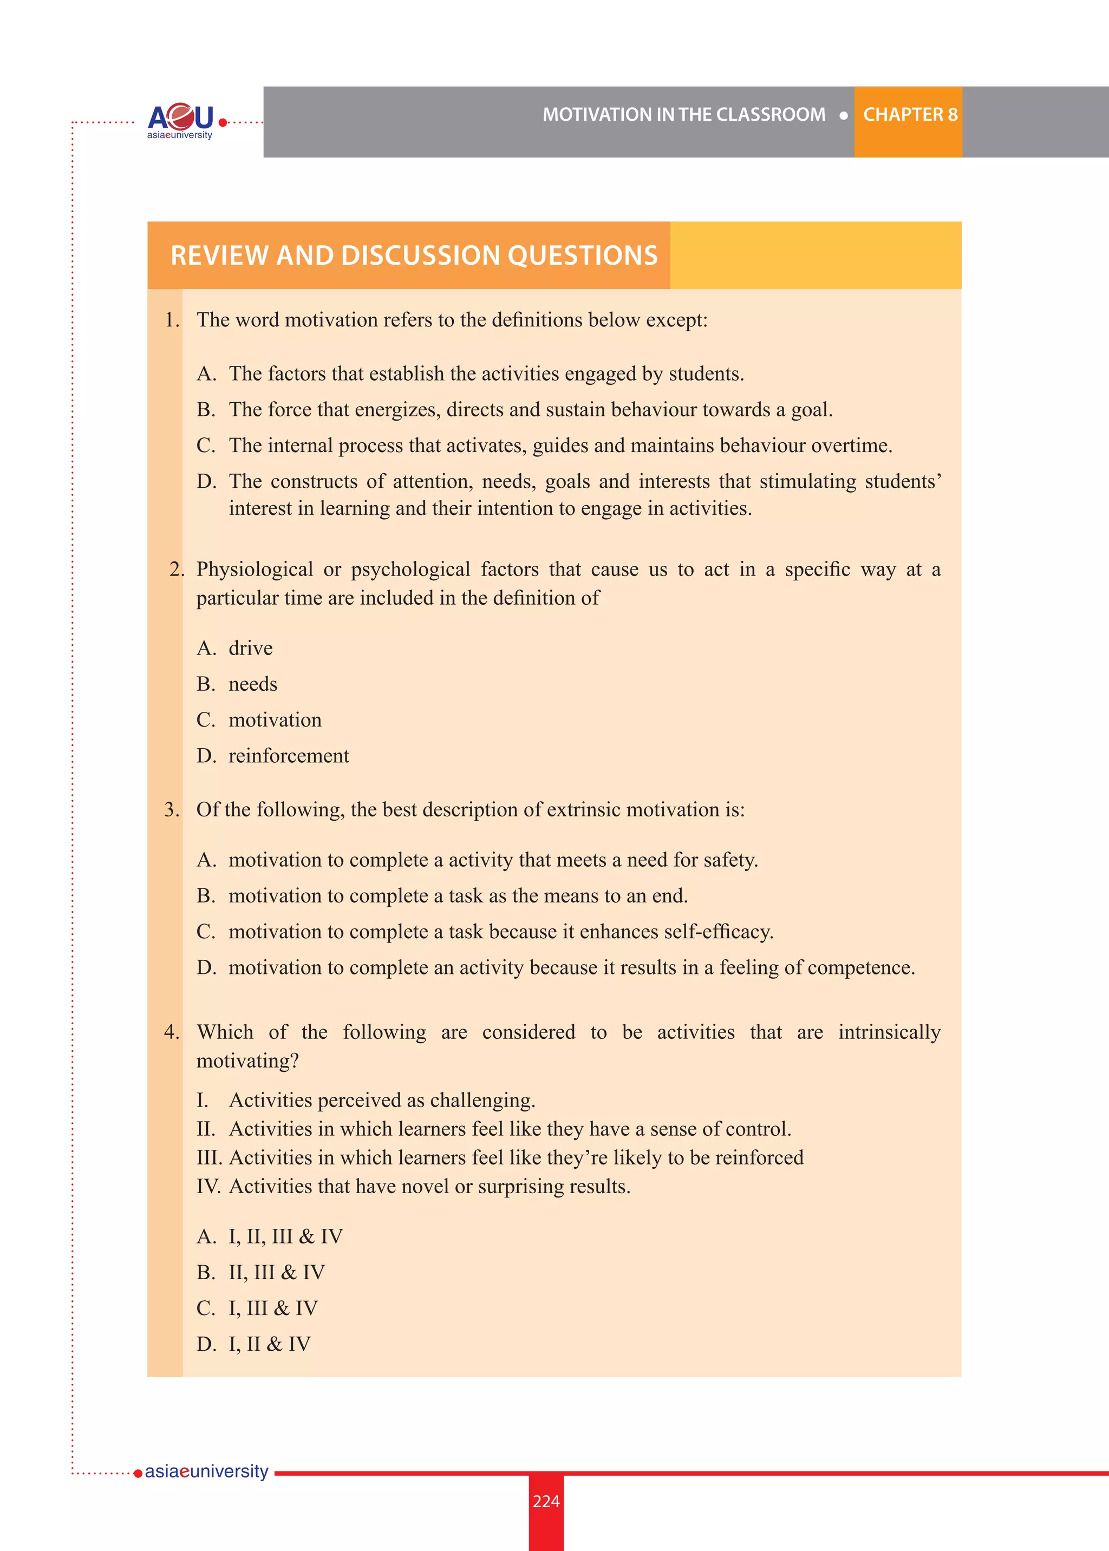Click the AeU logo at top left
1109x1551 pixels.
[x=180, y=120]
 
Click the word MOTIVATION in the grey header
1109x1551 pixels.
[x=596, y=115]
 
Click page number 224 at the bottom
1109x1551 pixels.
[x=546, y=1501]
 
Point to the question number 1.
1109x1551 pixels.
[x=172, y=320]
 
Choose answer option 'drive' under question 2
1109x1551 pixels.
[x=250, y=649]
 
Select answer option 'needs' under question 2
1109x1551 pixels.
[x=253, y=684]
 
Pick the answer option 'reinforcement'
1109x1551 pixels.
[x=288, y=756]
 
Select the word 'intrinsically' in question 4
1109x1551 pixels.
[x=889, y=1032]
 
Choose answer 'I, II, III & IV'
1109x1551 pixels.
[x=285, y=1236]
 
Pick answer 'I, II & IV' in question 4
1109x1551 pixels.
[x=269, y=1344]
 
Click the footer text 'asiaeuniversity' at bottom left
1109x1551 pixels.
[x=206, y=1471]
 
